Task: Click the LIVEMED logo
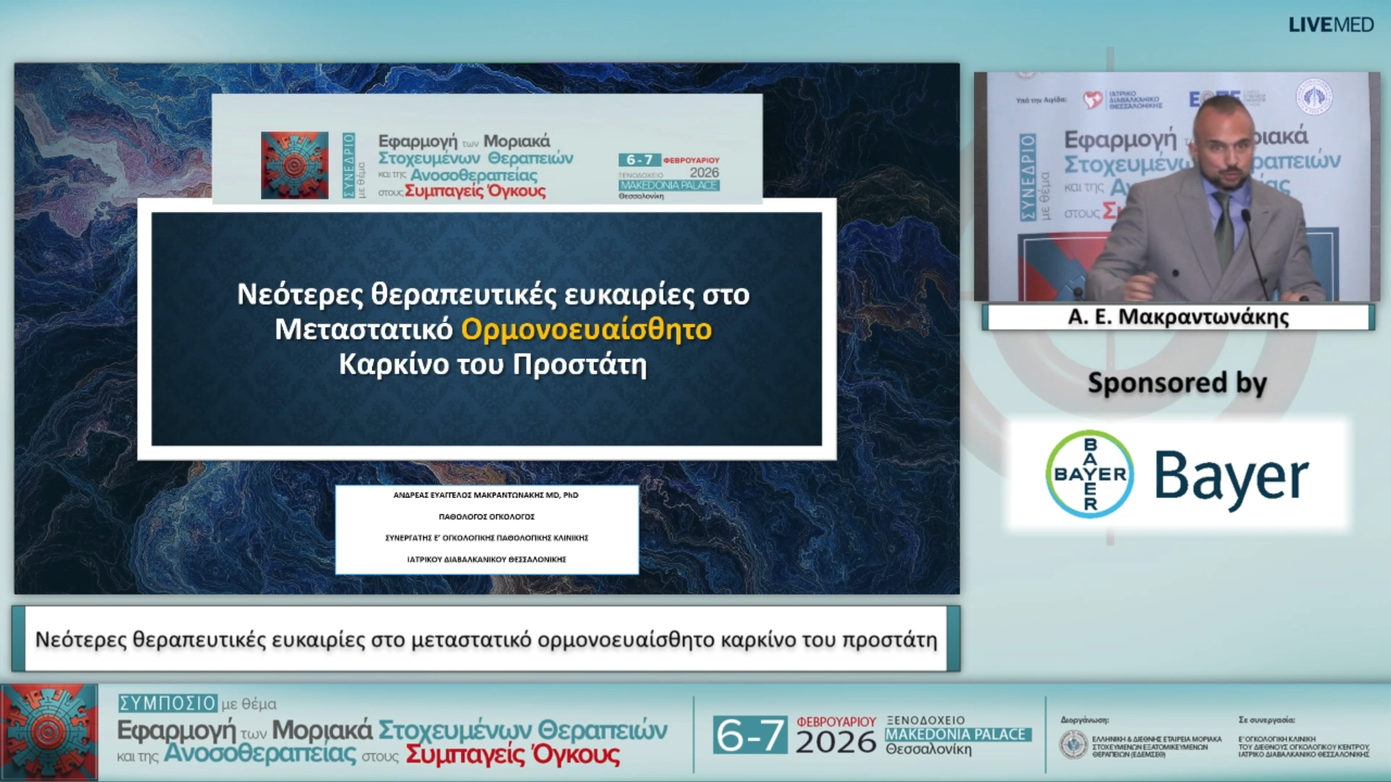pos(1330,25)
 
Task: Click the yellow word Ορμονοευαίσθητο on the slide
pos(586,329)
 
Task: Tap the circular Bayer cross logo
pos(1090,474)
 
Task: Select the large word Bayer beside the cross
pos(1231,476)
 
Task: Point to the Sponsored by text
pos(1177,383)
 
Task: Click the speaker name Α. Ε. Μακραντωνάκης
pos(1178,317)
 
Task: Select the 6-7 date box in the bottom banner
pos(749,735)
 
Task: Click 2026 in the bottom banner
pos(835,742)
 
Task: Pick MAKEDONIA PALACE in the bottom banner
pos(956,734)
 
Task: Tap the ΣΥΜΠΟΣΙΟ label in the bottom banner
pos(167,703)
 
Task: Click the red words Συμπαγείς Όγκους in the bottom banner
pos(512,754)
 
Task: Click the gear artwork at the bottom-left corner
pos(49,732)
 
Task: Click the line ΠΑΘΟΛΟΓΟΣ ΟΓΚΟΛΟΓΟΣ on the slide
pos(486,517)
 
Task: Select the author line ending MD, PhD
pos(485,495)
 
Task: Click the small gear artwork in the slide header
pos(294,165)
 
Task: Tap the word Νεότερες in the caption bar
pos(80,640)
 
